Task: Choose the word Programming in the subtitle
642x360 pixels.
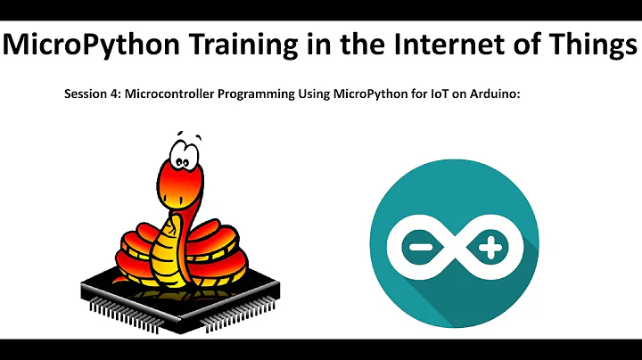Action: tap(253, 94)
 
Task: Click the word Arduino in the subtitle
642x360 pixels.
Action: tap(488, 94)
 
